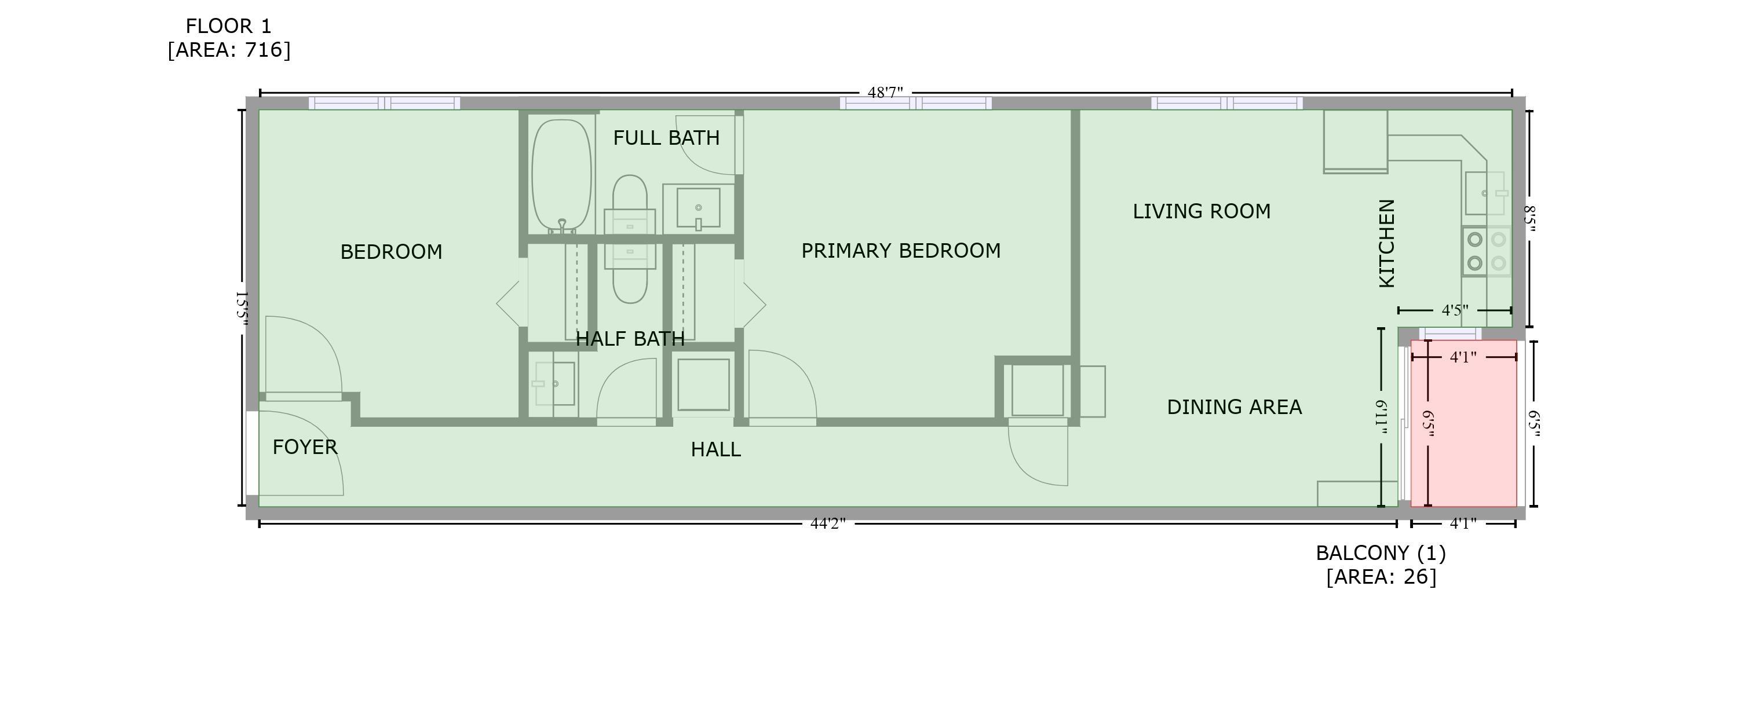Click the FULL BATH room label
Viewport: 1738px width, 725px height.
[666, 138]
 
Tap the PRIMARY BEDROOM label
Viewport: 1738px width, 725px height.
[901, 251]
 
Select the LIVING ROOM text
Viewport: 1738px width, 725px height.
[1202, 212]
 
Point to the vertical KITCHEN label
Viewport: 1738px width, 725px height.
[1386, 243]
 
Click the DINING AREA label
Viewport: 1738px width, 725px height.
[1234, 407]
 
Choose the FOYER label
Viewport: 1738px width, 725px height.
[305, 447]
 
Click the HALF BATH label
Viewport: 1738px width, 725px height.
[630, 339]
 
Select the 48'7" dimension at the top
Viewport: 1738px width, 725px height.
[885, 93]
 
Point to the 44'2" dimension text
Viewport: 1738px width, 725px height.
[828, 524]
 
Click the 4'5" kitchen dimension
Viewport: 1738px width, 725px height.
[1455, 310]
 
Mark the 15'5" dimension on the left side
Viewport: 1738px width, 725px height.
[242, 309]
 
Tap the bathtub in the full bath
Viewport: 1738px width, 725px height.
[562, 176]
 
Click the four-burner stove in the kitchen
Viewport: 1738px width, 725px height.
[1487, 251]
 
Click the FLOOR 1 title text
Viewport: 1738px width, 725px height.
[229, 26]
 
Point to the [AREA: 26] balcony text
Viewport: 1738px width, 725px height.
[1381, 577]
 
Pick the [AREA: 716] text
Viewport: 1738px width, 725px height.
[229, 50]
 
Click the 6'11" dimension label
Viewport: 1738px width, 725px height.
[1382, 418]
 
